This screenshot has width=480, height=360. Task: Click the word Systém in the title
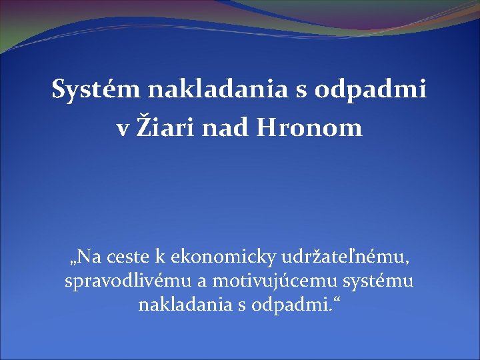96,89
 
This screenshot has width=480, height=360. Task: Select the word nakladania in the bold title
217,89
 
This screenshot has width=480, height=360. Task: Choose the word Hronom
309,127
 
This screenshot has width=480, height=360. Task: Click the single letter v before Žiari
123,131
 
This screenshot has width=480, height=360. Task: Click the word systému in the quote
378,282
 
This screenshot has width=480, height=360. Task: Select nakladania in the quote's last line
185,304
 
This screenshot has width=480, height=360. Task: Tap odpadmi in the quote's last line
290,305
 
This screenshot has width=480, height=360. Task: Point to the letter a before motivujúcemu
202,284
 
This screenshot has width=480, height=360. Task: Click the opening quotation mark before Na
72,263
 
